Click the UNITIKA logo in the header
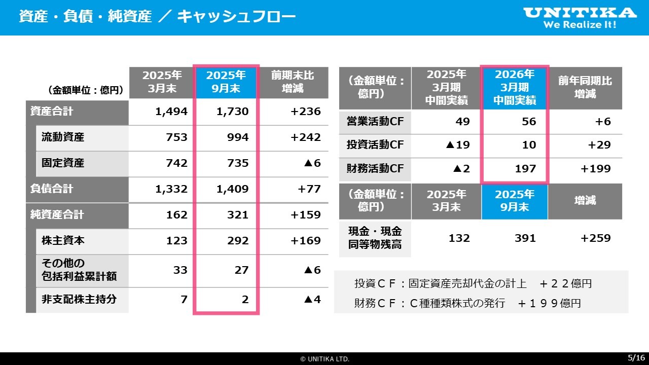(x=580, y=17)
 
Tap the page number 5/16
(x=637, y=357)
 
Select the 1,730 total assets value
(x=232, y=112)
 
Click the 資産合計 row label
(x=52, y=112)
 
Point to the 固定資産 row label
(x=63, y=163)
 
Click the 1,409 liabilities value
(x=232, y=189)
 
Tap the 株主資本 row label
(x=63, y=241)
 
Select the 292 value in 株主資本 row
(x=238, y=241)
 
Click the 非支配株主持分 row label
(x=79, y=299)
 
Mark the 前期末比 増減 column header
(x=293, y=82)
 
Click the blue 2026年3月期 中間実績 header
(x=515, y=88)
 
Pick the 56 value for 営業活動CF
(x=529, y=122)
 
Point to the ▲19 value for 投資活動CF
(x=457, y=145)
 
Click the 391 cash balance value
(x=525, y=238)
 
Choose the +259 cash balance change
(x=596, y=238)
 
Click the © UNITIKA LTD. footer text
(x=324, y=359)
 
